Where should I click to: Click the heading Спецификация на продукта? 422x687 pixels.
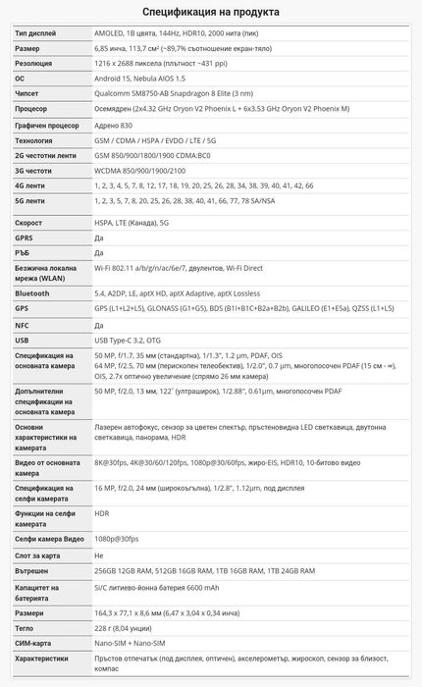[210, 12]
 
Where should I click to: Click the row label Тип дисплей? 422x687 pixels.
[36, 32]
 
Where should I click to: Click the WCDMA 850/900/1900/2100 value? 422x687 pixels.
[146, 170]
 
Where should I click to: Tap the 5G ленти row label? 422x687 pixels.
[30, 200]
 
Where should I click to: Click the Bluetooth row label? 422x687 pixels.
[32, 292]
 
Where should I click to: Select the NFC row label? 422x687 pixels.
[24, 324]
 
